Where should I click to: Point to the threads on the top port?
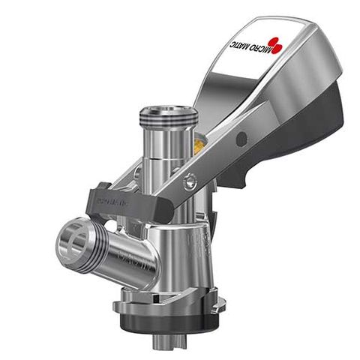[169, 120]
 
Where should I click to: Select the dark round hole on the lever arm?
[241, 139]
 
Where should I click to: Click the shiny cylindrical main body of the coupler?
[176, 247]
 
